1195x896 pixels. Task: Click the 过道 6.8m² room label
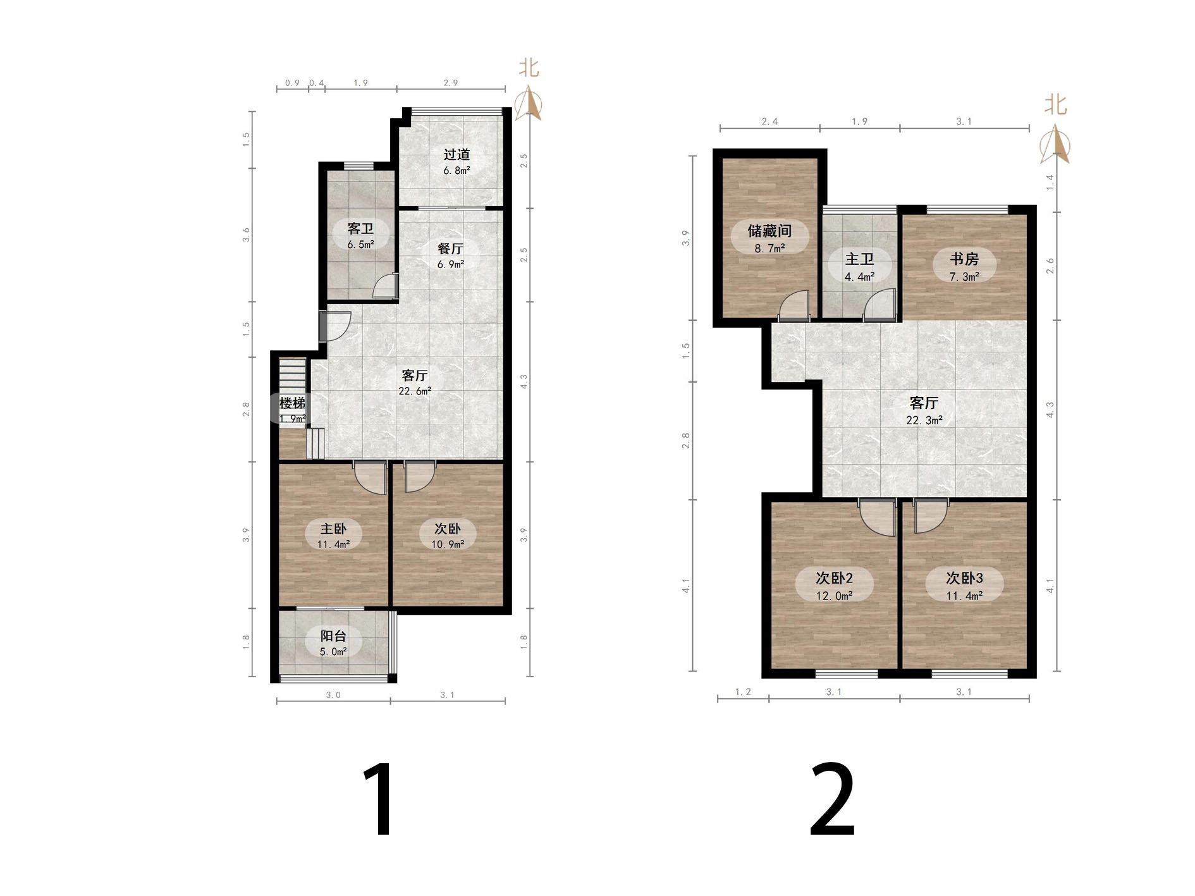tap(457, 162)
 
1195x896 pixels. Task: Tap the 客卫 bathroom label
tap(360, 235)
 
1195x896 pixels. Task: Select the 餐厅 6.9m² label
tap(450, 255)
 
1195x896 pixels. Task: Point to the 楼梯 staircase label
tap(292, 410)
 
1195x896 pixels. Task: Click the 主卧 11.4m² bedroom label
tap(333, 536)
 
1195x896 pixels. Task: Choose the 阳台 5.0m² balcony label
tap(333, 643)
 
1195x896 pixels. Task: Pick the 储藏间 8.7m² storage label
tap(769, 238)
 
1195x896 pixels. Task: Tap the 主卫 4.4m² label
tap(860, 267)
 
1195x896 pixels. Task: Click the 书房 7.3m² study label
tap(964, 267)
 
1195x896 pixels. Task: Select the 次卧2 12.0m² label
tap(834, 586)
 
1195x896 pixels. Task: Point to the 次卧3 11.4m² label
tap(964, 586)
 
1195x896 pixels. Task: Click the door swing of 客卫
tap(385, 286)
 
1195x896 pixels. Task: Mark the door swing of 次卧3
tap(931, 515)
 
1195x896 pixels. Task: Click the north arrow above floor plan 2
tap(1055, 144)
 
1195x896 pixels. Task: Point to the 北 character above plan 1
tap(529, 68)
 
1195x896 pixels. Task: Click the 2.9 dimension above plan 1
tap(451, 83)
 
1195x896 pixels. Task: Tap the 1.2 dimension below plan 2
tap(743, 692)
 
